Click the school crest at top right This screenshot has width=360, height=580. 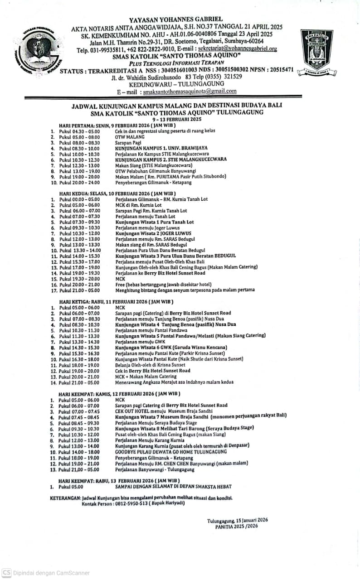[318, 51]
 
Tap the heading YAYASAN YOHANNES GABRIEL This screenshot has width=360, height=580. [176, 19]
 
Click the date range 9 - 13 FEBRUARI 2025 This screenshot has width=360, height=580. [177, 119]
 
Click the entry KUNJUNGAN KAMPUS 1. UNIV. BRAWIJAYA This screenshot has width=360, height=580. [161, 148]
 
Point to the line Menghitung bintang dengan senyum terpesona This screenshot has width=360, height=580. [185, 290]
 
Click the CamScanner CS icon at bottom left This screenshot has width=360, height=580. [6, 573]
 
